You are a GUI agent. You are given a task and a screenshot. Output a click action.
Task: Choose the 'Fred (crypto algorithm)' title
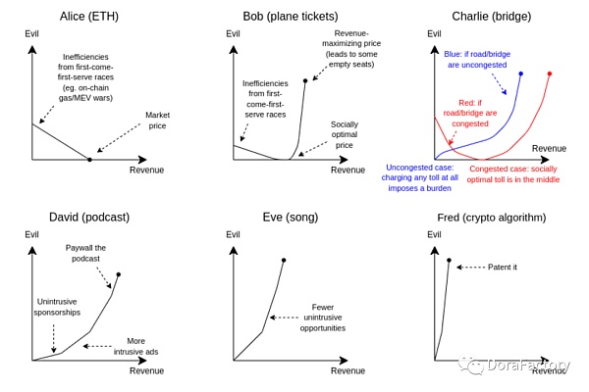(x=490, y=217)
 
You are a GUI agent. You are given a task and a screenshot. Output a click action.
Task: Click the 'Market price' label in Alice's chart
(x=158, y=120)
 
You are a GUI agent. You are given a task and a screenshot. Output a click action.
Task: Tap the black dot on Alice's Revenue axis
(x=90, y=159)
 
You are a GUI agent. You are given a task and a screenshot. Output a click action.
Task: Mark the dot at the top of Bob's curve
(x=305, y=80)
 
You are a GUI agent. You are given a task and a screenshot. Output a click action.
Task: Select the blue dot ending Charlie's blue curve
(x=520, y=73)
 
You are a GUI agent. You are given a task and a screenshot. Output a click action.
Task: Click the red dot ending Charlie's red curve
(x=549, y=73)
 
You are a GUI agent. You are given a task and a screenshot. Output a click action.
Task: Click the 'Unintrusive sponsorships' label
(x=58, y=306)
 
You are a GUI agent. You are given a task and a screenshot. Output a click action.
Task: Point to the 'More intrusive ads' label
(x=135, y=346)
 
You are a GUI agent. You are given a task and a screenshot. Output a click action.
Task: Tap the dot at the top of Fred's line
(x=449, y=261)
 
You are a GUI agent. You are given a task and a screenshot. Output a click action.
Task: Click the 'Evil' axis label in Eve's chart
(x=233, y=234)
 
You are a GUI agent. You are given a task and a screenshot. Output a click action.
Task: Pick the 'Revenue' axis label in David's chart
(x=146, y=370)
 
